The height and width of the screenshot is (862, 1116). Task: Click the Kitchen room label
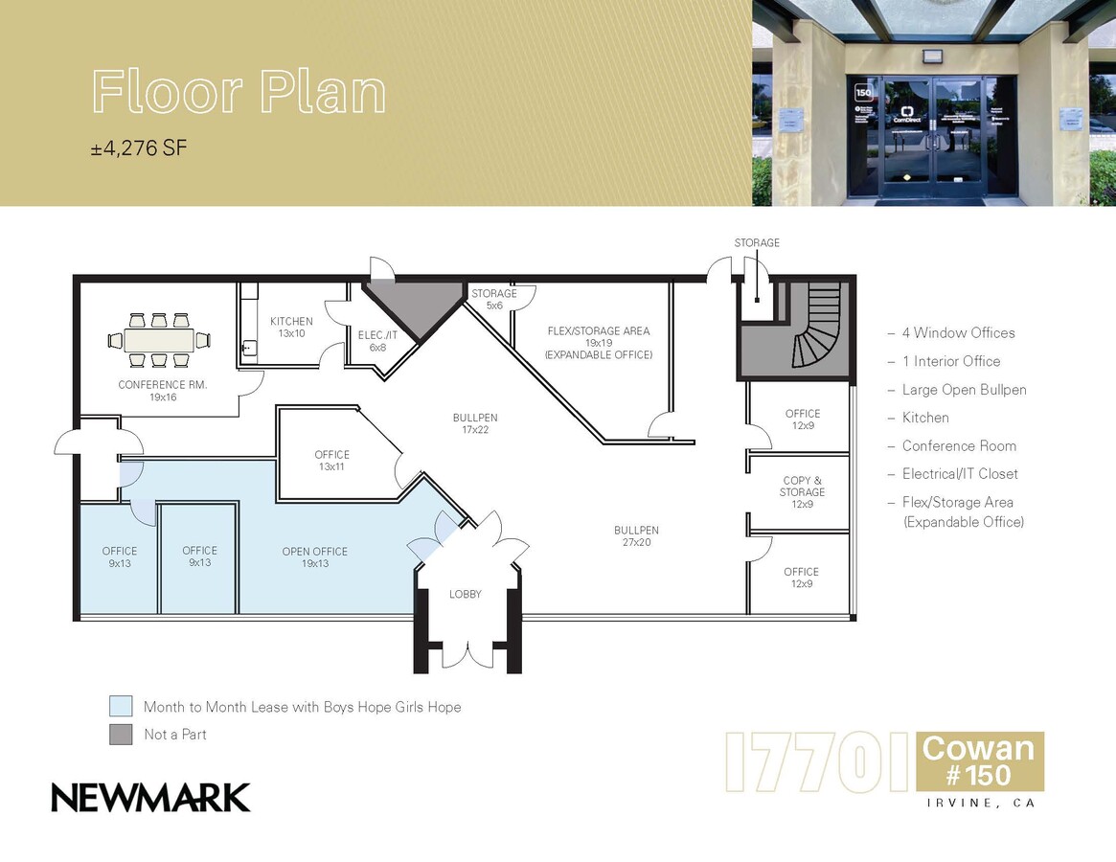pyautogui.click(x=291, y=327)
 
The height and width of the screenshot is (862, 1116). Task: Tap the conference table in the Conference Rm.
pyautogui.click(x=160, y=340)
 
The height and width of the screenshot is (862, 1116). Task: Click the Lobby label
pyautogui.click(x=466, y=595)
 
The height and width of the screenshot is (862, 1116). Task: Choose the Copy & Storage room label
pyautogui.click(x=802, y=492)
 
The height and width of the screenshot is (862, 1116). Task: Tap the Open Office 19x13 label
pyautogui.click(x=314, y=557)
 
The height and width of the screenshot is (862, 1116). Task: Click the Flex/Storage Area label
pyautogui.click(x=598, y=342)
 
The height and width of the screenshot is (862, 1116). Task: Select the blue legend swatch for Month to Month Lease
pyautogui.click(x=121, y=707)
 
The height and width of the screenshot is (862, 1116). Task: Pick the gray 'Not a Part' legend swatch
pyautogui.click(x=121, y=735)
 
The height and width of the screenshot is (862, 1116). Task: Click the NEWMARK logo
pyautogui.click(x=150, y=797)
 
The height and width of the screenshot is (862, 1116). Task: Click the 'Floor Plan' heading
pyautogui.click(x=239, y=92)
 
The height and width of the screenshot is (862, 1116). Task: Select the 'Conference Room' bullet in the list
pyautogui.click(x=958, y=445)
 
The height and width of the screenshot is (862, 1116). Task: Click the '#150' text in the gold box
pyautogui.click(x=979, y=774)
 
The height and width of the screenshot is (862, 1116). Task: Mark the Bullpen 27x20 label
pyautogui.click(x=636, y=536)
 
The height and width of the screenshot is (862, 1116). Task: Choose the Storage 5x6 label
pyautogui.click(x=493, y=299)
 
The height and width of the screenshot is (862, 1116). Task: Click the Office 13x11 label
pyautogui.click(x=331, y=461)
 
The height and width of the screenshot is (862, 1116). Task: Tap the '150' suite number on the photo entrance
pyautogui.click(x=863, y=94)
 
